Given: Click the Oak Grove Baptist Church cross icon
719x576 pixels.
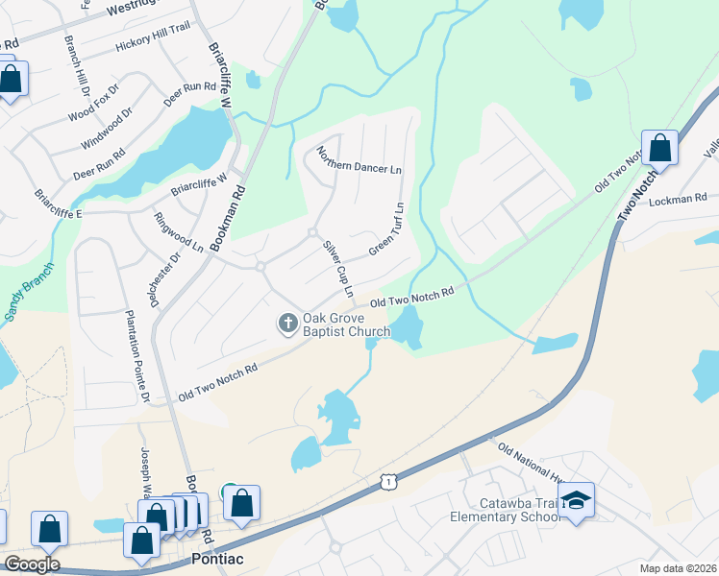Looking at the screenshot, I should [x=287, y=324].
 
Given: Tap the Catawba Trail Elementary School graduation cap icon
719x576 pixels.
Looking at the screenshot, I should [x=577, y=500].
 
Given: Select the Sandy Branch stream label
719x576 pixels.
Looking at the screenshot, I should [x=28, y=294].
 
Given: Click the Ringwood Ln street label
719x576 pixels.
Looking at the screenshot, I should [x=179, y=231].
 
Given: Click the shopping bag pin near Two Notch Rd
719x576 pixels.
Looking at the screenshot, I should [x=659, y=148].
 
